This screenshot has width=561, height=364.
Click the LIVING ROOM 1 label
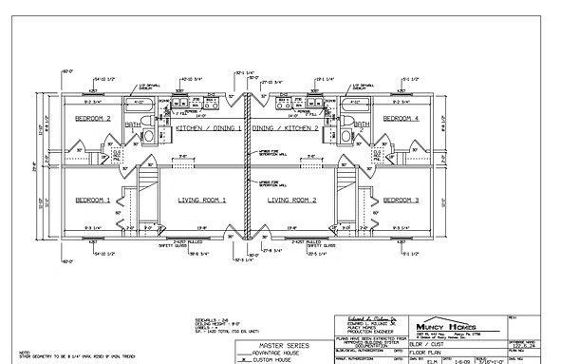tap(201, 201)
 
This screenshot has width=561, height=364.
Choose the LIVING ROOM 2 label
tap(292, 201)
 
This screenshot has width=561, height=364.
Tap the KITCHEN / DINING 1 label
tap(208, 127)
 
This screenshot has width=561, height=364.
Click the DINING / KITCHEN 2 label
tap(287, 127)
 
